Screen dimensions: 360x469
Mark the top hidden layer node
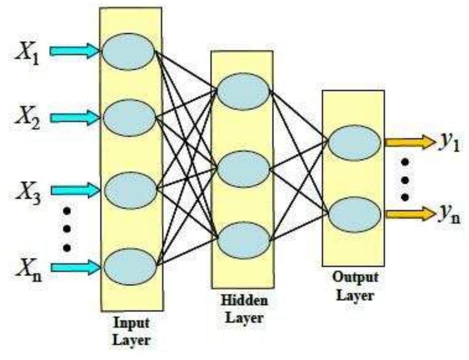coord(243,91)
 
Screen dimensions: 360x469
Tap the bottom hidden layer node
coord(243,240)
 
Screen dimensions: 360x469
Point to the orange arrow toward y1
coord(410,142)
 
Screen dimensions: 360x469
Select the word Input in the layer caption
coord(131,323)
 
